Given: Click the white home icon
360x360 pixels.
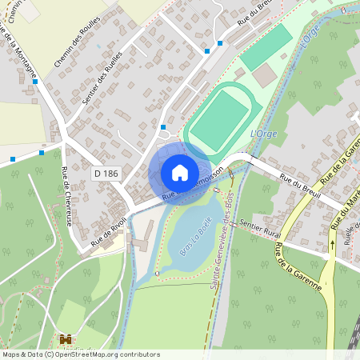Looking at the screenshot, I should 180,172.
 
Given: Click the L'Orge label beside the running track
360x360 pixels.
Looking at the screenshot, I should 263,134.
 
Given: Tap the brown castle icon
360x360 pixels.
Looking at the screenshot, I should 66,339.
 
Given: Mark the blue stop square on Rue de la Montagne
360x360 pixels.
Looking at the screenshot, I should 35,81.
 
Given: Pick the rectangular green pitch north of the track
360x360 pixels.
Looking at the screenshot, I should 266,47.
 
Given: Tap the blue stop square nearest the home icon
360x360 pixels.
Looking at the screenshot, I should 162,126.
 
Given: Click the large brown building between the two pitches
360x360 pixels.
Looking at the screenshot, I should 265,75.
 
